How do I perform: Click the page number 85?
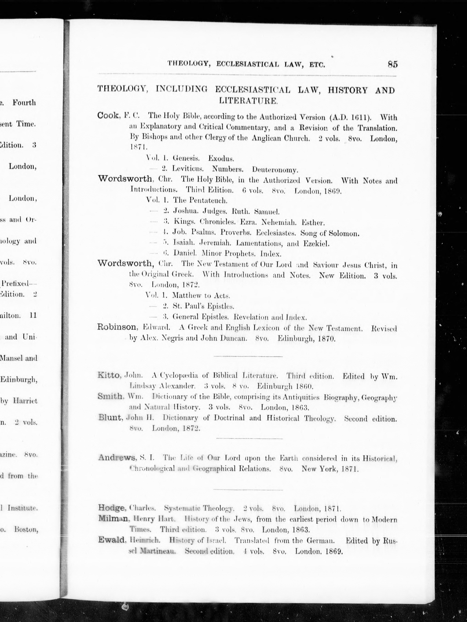pos(393,64)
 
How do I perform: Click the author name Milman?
pos(113,518)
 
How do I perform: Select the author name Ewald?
pos(112,540)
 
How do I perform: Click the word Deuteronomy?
pos(275,170)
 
